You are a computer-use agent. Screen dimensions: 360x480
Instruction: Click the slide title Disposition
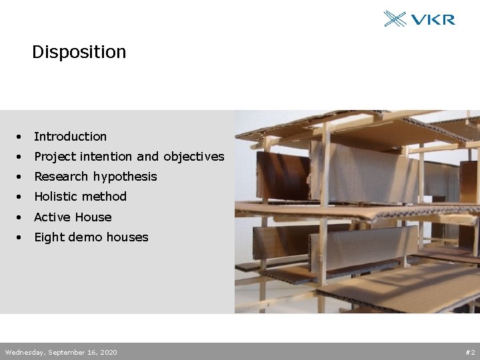79,52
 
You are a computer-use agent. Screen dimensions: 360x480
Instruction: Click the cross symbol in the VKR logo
395,19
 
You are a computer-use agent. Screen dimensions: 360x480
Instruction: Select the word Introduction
70,137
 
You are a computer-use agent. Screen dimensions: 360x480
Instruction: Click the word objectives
194,157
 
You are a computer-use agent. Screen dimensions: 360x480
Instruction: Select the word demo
83,237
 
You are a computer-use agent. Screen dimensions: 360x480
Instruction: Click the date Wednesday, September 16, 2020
61,352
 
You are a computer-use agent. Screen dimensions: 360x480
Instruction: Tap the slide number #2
470,352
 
